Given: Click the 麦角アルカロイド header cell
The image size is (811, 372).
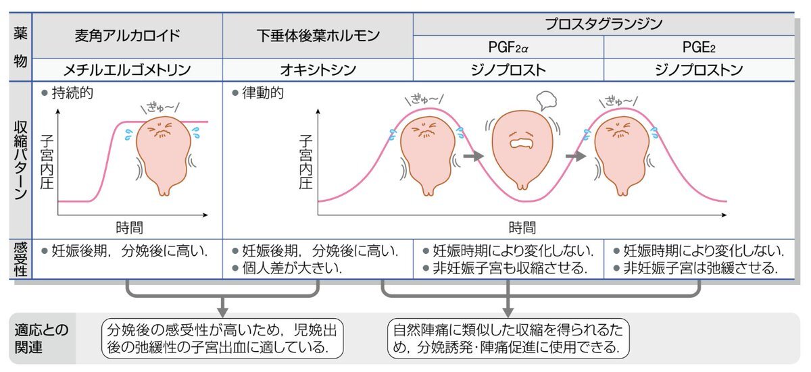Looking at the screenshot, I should click(x=128, y=35).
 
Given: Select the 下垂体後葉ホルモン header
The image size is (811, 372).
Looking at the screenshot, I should click(x=318, y=35).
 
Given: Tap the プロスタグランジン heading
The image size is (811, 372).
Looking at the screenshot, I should click(x=603, y=24).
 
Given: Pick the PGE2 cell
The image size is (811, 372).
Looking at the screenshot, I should click(x=699, y=47).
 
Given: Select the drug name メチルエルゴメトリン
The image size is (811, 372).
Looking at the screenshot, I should click(x=128, y=70).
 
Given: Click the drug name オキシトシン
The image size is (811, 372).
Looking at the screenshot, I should click(x=318, y=70).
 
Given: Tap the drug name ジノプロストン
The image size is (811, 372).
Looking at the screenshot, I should click(x=699, y=70).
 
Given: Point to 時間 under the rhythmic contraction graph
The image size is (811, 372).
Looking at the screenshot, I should click(x=522, y=227).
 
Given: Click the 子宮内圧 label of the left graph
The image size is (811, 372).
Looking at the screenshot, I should click(x=47, y=162).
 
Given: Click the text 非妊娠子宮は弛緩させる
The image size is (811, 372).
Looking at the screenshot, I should click(x=699, y=267).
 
